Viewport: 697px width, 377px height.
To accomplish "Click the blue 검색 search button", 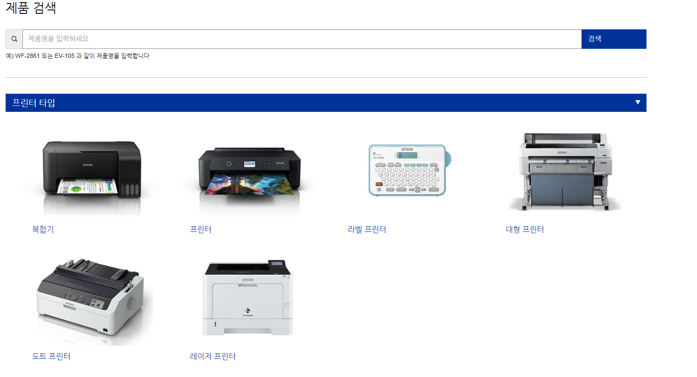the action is tap(613, 39).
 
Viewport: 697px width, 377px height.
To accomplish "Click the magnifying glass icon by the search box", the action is tap(14, 39).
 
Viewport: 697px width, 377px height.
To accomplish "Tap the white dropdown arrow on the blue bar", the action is tap(637, 102).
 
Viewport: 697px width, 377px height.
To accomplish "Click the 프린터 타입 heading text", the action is tap(34, 103).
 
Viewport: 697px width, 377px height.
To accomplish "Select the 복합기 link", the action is tap(43, 229).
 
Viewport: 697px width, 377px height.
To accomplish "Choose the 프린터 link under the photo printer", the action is tap(201, 229).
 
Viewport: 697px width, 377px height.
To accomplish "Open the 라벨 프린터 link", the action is tap(367, 229).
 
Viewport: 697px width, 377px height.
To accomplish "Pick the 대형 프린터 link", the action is tap(525, 229).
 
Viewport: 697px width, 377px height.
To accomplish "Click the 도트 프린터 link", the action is tap(51, 356).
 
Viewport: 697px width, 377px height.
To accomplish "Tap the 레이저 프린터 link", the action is tap(213, 356).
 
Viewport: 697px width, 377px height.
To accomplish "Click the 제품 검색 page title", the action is tap(31, 8).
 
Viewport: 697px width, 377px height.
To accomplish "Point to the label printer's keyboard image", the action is tap(407, 170).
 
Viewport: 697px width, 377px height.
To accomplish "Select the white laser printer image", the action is tap(248, 298).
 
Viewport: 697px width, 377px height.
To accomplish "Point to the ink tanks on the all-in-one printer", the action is tap(129, 189).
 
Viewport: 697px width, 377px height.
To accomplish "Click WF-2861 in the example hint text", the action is tap(27, 56).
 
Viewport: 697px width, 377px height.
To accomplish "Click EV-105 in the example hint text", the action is tap(64, 56).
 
